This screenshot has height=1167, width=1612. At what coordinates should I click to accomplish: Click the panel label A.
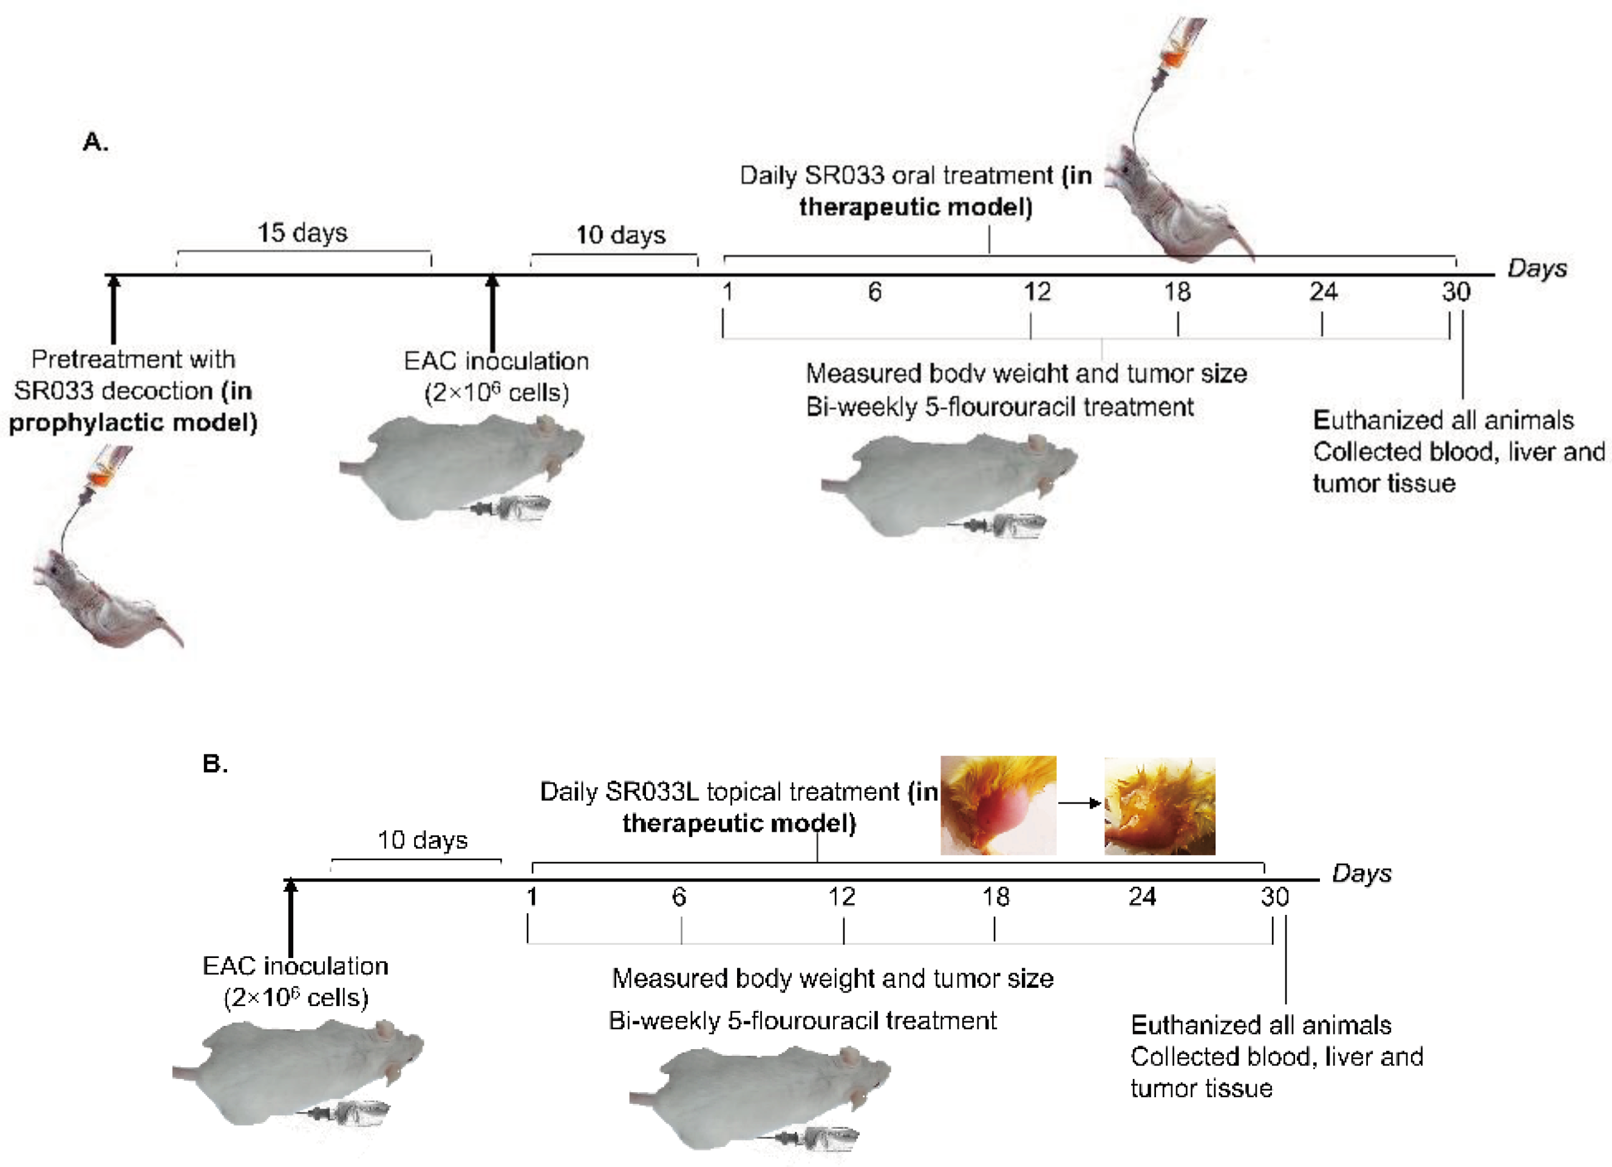click(95, 142)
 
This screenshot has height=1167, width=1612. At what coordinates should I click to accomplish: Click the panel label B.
click(215, 764)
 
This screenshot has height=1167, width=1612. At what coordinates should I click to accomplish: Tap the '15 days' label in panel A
click(302, 233)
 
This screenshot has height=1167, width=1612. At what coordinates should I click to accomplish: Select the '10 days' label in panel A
click(621, 234)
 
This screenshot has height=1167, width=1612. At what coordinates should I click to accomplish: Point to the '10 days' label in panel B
click(422, 840)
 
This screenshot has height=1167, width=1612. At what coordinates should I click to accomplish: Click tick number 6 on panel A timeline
click(874, 292)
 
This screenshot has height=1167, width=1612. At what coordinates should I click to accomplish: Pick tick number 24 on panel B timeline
click(1142, 897)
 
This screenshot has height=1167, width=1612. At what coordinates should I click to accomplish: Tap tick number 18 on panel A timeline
click(1177, 292)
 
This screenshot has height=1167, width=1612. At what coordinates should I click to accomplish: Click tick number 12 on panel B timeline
click(842, 897)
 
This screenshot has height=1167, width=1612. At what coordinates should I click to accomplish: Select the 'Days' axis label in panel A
click(1537, 269)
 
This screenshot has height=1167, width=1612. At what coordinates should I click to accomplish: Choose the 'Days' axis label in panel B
click(1361, 874)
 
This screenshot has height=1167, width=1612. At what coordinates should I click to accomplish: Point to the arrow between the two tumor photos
click(1080, 803)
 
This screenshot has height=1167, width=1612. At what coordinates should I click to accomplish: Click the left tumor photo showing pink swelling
click(998, 805)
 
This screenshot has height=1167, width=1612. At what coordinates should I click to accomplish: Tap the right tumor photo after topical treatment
click(1159, 806)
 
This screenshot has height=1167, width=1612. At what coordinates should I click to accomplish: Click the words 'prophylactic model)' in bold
click(133, 422)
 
